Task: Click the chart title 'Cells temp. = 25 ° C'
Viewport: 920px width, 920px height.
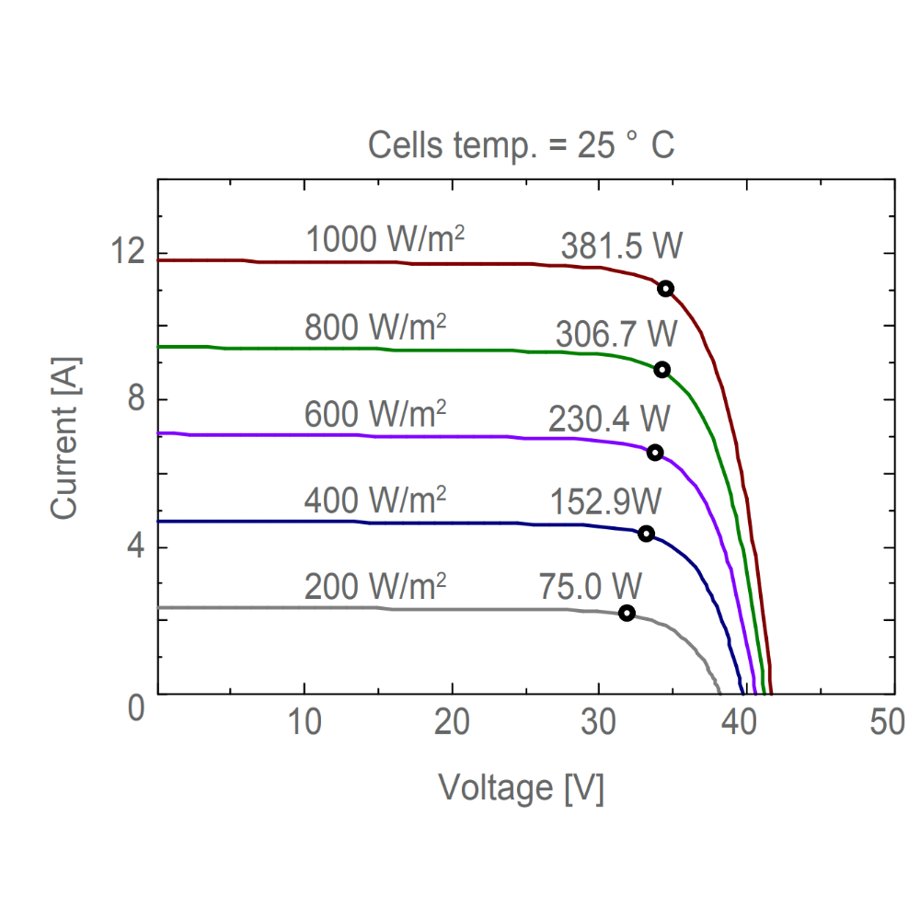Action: (522, 145)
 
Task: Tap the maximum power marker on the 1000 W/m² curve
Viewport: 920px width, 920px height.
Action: (665, 288)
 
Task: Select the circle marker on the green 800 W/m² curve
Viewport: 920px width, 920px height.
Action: (661, 369)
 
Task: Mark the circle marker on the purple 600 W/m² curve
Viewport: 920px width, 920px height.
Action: (655, 452)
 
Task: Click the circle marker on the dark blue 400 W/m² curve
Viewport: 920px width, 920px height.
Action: (647, 534)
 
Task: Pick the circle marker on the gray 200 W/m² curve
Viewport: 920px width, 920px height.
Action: (627, 613)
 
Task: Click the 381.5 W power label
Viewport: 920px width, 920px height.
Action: (622, 247)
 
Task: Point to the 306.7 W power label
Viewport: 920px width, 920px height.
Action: (614, 335)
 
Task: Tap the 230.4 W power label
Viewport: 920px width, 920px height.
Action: (609, 419)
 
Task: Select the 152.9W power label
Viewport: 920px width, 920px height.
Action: (605, 502)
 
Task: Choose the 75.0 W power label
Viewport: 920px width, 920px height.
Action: (590, 584)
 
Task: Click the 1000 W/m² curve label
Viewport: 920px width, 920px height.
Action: (385, 239)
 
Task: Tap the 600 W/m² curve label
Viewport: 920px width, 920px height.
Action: (375, 414)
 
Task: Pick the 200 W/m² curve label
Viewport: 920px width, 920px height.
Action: (375, 585)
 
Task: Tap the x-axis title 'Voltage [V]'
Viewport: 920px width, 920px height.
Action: (521, 788)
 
